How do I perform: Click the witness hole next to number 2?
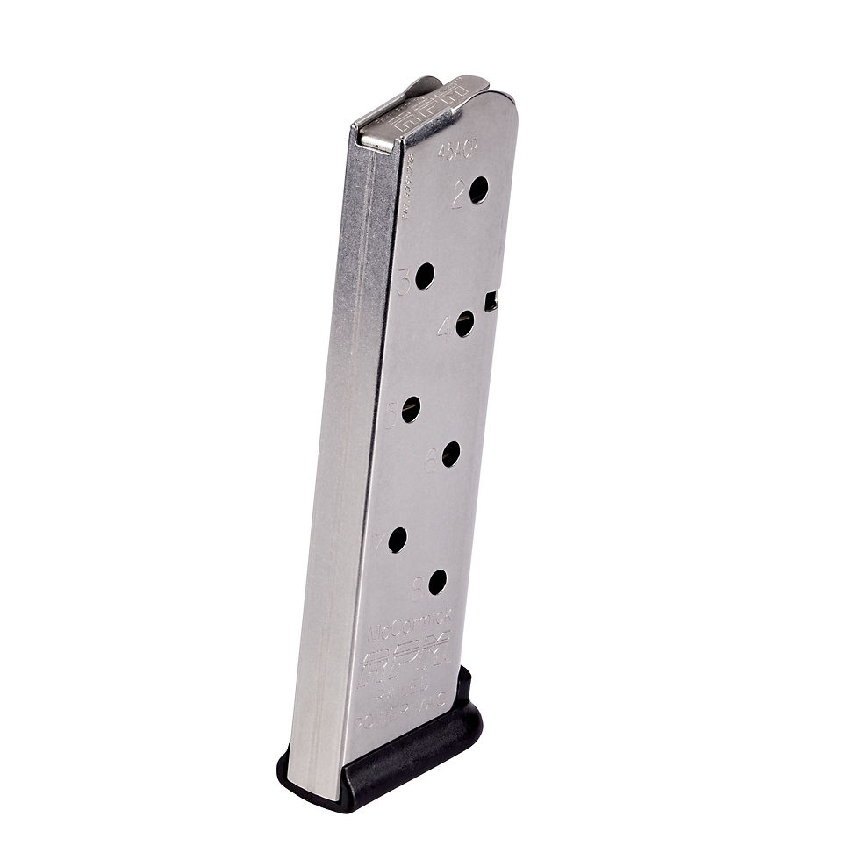(x=478, y=190)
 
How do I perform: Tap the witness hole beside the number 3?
(x=425, y=277)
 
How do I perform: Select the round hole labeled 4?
(x=465, y=324)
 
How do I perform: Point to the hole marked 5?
(x=411, y=409)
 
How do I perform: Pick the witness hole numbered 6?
(x=451, y=454)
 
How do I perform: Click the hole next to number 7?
(x=398, y=540)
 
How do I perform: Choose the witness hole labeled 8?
(x=438, y=581)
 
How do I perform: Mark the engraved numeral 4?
(x=445, y=329)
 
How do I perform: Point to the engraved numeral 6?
(x=432, y=460)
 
